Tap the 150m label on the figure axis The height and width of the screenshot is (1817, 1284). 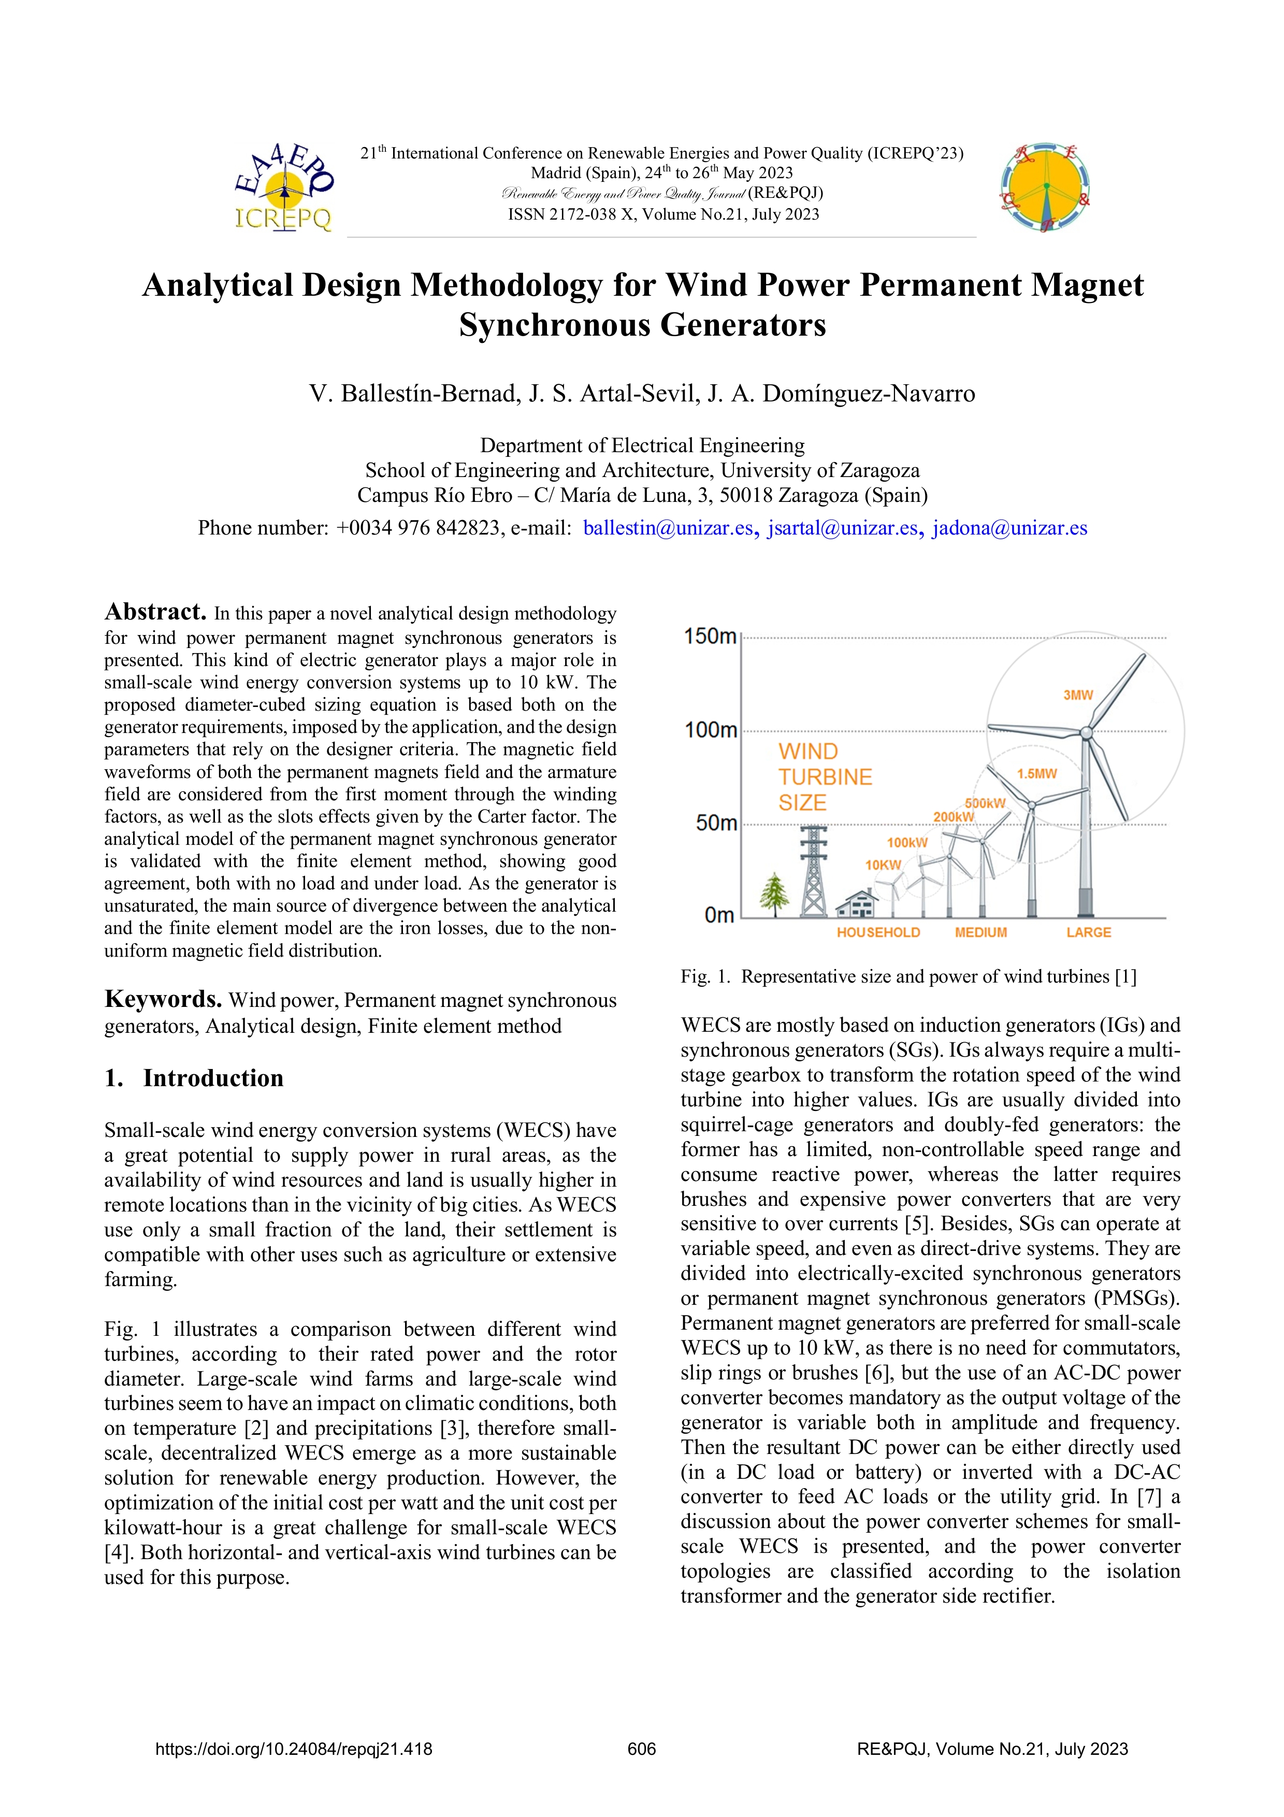(x=710, y=636)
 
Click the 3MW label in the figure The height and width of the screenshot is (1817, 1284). (x=1077, y=695)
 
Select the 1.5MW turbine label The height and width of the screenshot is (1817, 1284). (x=1036, y=774)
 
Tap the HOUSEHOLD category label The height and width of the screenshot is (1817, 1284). (x=878, y=932)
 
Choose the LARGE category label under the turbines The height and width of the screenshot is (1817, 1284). (x=1089, y=932)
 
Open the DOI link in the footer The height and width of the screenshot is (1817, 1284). (x=294, y=1749)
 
